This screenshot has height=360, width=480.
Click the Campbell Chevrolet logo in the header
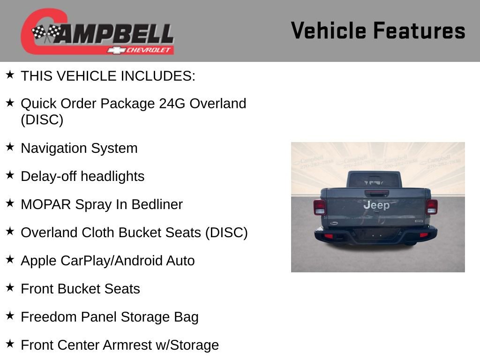click(97, 32)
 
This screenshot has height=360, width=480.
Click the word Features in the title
click(419, 31)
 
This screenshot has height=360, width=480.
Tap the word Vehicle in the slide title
click(328, 31)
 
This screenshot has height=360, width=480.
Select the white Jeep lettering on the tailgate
click(376, 205)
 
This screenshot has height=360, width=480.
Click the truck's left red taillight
click(319, 207)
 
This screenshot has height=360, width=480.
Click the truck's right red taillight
click(432, 206)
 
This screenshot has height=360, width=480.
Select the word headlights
click(112, 176)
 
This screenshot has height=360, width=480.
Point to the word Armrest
click(127, 345)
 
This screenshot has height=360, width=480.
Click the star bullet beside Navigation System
click(10, 147)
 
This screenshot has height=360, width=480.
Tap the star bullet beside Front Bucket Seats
click(10, 288)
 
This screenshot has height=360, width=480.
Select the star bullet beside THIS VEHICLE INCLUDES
click(10, 75)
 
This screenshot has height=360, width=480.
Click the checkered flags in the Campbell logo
click(46, 33)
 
